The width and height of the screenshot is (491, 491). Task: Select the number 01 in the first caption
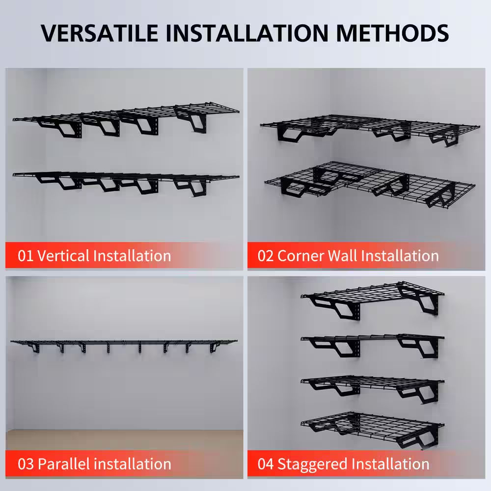coord(26,256)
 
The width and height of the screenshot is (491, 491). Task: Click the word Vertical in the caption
coord(63,256)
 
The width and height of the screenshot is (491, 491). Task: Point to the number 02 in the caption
coord(266,256)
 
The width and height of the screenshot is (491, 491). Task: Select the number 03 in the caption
coord(26,464)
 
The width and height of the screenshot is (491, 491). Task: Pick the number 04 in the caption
coord(266,464)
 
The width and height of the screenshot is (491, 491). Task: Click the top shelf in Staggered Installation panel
coord(373,295)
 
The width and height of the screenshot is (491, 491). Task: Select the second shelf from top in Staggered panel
coord(373,339)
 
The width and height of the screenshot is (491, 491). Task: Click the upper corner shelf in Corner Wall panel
coord(368,125)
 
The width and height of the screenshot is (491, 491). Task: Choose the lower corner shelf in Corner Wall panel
coord(368,179)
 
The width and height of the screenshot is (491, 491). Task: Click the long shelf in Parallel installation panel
coord(123,342)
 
